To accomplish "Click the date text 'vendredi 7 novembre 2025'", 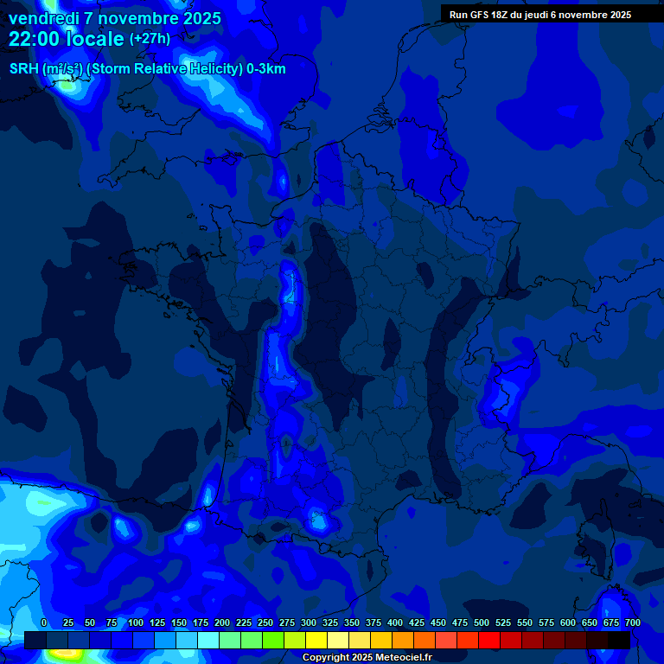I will [115, 18].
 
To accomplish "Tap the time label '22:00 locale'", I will [67, 39].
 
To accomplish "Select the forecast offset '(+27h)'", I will [150, 39].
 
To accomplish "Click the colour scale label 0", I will [44, 622].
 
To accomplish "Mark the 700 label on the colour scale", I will [632, 622].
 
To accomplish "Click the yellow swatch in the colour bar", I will [316, 640].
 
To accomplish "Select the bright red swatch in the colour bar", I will [489, 640].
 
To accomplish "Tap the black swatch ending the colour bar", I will [619, 640].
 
